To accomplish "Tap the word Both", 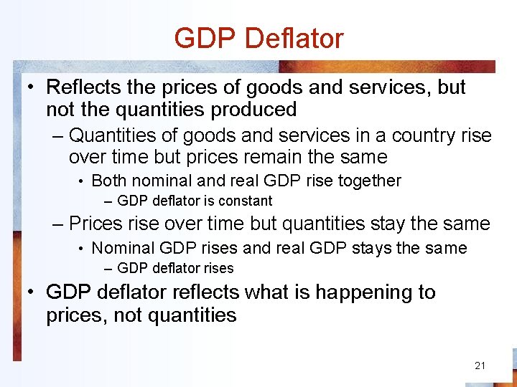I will (108, 181).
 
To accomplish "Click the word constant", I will (245, 201).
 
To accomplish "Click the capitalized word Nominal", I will (124, 248).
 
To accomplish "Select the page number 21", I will (480, 365).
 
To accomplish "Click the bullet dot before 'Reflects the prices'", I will (32, 88).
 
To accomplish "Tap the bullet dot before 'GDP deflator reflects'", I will (32, 293).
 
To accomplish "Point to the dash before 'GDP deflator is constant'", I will (108, 201).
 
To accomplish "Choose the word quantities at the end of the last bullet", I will (191, 315).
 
